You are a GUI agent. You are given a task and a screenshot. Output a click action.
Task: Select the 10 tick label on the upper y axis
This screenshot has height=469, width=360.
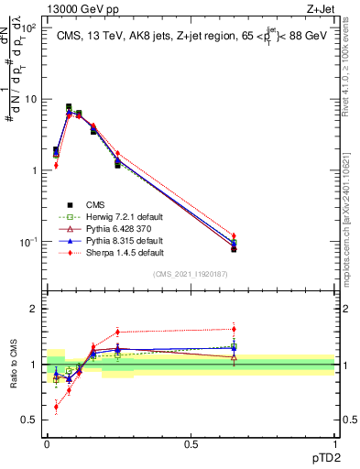point(29,99)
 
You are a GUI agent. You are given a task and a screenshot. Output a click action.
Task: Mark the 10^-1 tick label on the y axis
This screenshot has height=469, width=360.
point(27,242)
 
